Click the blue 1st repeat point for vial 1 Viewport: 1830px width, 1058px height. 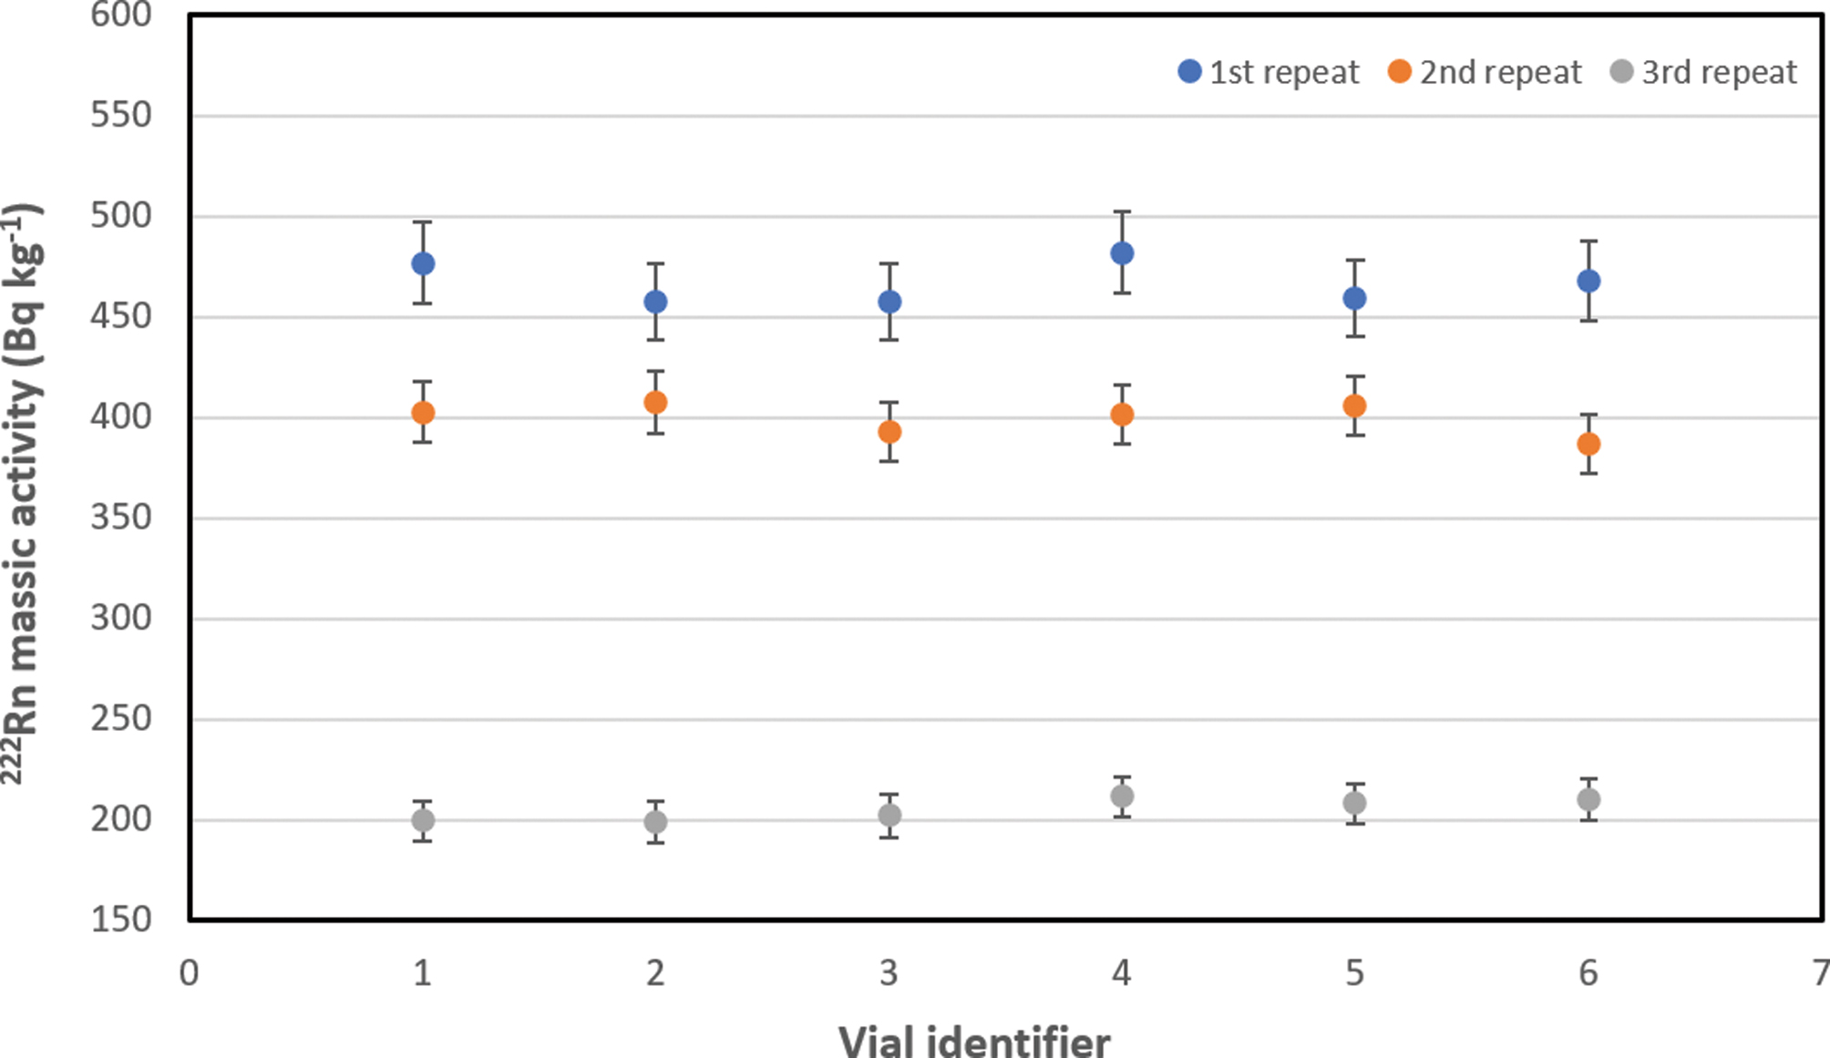(x=423, y=263)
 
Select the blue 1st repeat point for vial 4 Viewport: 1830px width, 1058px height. (x=1122, y=253)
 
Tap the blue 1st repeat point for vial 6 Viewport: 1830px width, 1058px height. (x=1588, y=281)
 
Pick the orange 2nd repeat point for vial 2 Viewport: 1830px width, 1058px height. (x=655, y=402)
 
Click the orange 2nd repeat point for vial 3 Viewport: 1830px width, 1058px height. (x=889, y=432)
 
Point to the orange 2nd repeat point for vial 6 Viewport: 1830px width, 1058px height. (x=1588, y=444)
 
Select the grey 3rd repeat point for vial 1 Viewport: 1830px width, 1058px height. (x=423, y=820)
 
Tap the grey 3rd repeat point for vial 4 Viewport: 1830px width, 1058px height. (x=1122, y=796)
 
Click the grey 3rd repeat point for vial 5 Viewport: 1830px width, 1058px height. (x=1354, y=803)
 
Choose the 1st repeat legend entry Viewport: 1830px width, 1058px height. (x=1269, y=72)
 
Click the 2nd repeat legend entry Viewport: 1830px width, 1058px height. (x=1485, y=72)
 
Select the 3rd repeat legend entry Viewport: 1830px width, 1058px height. (x=1703, y=72)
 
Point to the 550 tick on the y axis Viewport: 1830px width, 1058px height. (x=121, y=116)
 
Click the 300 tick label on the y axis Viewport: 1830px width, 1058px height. (x=121, y=618)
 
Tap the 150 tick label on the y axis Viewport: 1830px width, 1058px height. (x=121, y=919)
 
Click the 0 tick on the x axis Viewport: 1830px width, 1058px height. (x=189, y=973)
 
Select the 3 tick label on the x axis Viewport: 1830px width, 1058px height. (x=889, y=973)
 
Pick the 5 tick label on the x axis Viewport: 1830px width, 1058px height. (x=1354, y=973)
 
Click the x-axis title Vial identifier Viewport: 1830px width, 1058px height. (x=974, y=1041)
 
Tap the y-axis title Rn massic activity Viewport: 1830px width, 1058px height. (x=22, y=492)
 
